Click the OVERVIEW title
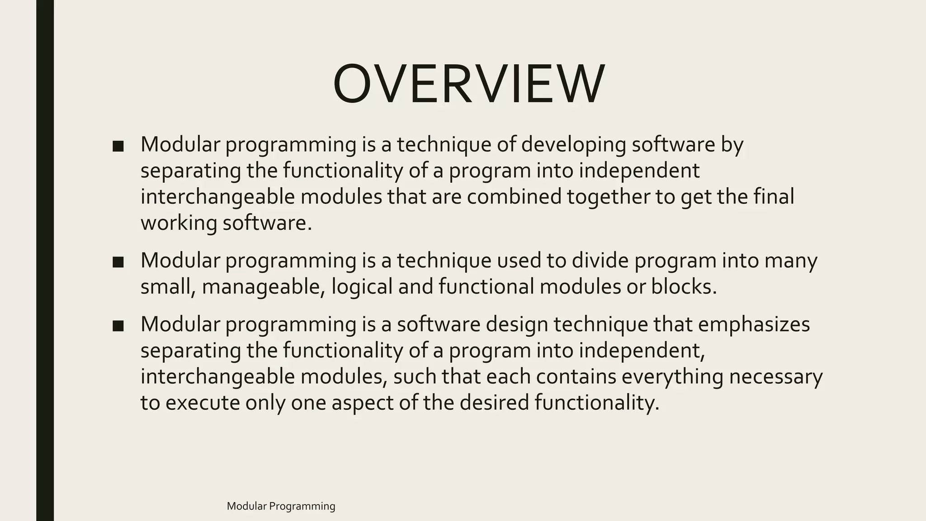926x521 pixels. click(468, 84)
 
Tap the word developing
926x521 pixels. click(573, 145)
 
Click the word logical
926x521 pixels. click(362, 287)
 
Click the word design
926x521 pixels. click(514, 324)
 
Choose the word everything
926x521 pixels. click(672, 377)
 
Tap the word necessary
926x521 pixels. click(775, 377)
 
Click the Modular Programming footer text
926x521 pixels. click(281, 506)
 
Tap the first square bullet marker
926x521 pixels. click(118, 146)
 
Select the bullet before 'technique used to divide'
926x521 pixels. click(118, 261)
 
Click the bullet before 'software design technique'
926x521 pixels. click(118, 325)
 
